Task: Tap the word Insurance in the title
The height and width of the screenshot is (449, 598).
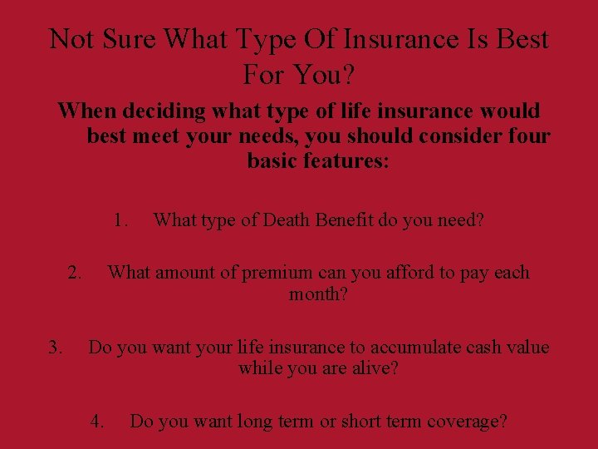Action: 395,38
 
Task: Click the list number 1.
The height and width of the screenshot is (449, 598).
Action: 121,220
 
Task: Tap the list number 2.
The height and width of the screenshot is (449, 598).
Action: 74,272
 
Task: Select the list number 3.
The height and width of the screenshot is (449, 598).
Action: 55,347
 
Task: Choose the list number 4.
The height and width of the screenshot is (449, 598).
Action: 97,422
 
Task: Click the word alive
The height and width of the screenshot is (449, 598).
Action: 375,368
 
